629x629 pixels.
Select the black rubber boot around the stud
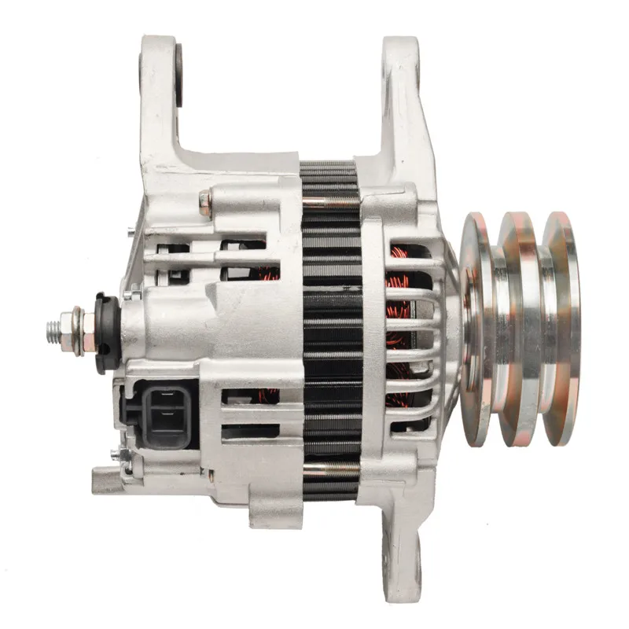click(x=106, y=332)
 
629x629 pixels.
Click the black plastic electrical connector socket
click(x=161, y=413)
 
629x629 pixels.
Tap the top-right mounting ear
click(x=401, y=86)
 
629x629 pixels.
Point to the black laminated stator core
click(x=330, y=330)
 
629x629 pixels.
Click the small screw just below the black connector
click(x=118, y=454)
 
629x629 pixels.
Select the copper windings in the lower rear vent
click(x=267, y=395)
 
